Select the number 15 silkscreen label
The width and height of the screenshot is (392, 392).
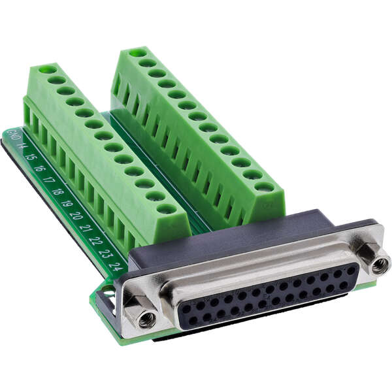tap(29, 157)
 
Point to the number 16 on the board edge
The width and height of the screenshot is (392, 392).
tap(39, 168)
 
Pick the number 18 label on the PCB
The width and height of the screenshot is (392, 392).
tap(57, 191)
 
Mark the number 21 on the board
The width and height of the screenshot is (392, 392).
tap(86, 228)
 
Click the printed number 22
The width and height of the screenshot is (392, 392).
tap(95, 240)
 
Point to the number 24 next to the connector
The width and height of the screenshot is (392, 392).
tap(116, 266)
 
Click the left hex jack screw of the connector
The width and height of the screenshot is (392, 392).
tap(144, 318)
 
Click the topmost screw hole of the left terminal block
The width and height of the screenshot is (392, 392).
tap(47, 69)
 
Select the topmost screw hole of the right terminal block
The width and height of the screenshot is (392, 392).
tap(137, 52)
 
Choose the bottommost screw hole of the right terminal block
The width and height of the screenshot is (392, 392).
tap(264, 187)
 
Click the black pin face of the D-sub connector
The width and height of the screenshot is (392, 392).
tap(268, 297)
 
